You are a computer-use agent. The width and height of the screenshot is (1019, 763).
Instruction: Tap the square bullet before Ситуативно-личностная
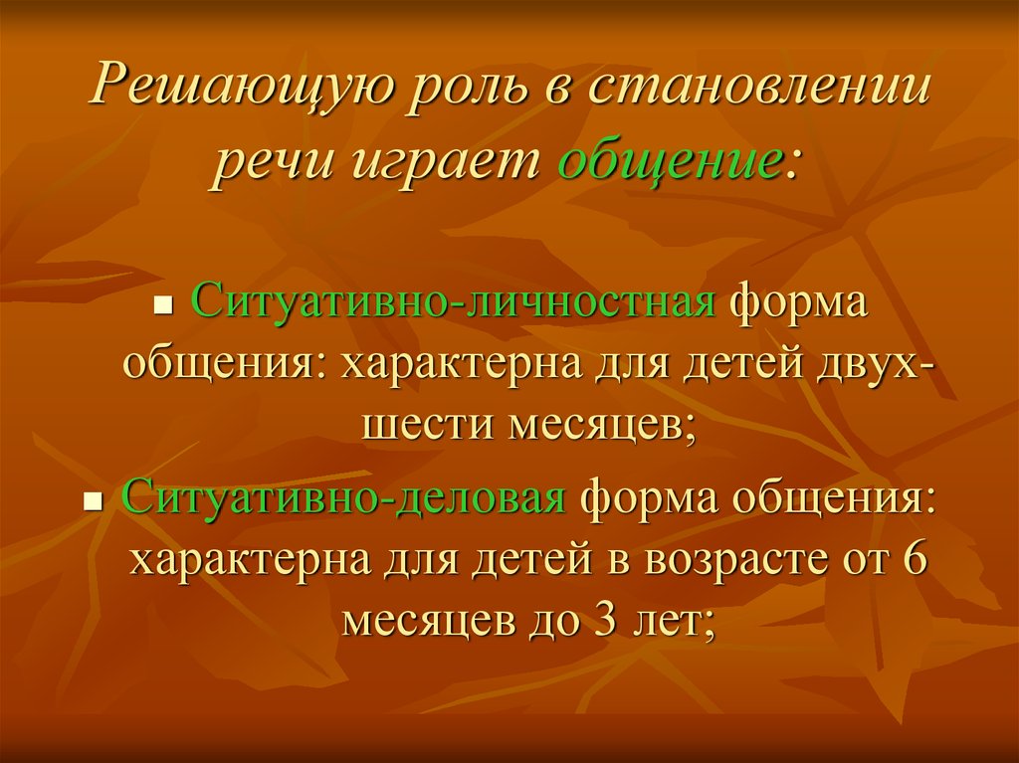pyautogui.click(x=167, y=304)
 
